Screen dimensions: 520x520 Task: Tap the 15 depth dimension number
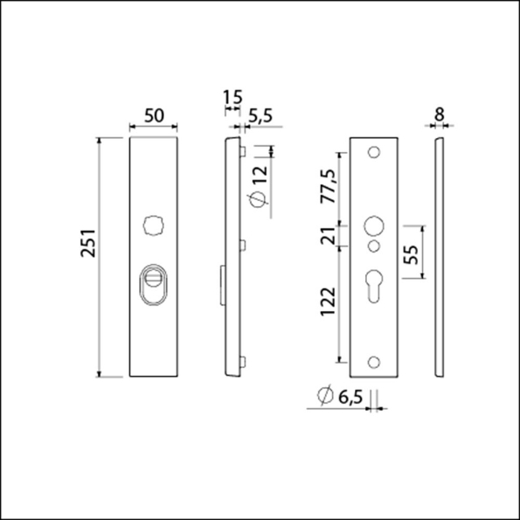232,97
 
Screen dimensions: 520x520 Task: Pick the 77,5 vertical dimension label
329,186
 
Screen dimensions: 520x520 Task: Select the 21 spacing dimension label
329,235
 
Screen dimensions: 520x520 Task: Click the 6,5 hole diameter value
350,396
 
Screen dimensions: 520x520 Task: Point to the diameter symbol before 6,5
322,396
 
